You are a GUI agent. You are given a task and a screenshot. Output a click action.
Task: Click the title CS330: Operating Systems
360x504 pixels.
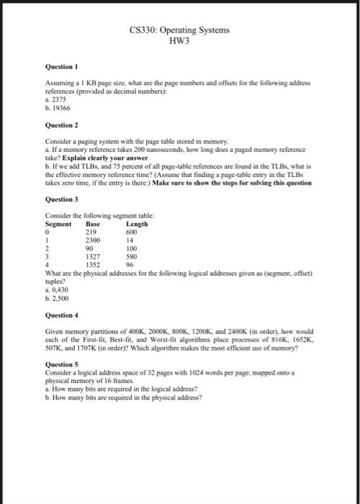(x=179, y=30)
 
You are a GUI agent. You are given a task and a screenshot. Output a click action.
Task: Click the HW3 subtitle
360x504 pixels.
(x=179, y=42)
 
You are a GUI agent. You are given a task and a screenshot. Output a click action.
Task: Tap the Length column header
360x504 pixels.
(x=138, y=224)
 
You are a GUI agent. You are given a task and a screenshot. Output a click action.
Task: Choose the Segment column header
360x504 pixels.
(x=58, y=224)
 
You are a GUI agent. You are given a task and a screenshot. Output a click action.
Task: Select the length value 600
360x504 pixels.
(x=132, y=232)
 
